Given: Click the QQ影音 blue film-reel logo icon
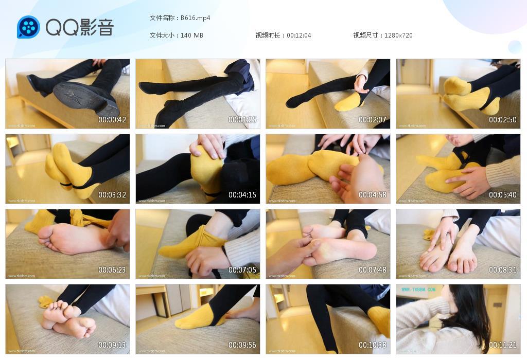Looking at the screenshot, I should (28, 27).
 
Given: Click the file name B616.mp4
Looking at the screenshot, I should (195, 18).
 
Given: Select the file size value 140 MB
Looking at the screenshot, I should (192, 35).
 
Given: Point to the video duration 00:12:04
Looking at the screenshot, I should (298, 35).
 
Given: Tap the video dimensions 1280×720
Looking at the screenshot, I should (398, 35).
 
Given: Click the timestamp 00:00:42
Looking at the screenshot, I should (112, 120).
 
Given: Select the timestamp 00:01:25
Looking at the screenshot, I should (242, 120).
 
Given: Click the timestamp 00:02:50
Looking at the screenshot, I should (503, 120).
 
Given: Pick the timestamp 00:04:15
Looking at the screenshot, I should (242, 195).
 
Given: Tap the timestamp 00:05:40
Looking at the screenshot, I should (503, 195).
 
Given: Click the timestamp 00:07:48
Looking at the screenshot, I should (373, 270).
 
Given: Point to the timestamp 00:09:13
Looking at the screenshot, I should (112, 345).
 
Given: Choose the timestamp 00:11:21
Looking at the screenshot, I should (503, 345).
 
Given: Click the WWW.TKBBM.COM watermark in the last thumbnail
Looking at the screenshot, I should (418, 290).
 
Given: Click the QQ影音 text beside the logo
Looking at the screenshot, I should (79, 27).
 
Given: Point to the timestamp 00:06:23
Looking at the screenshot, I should (112, 270).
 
